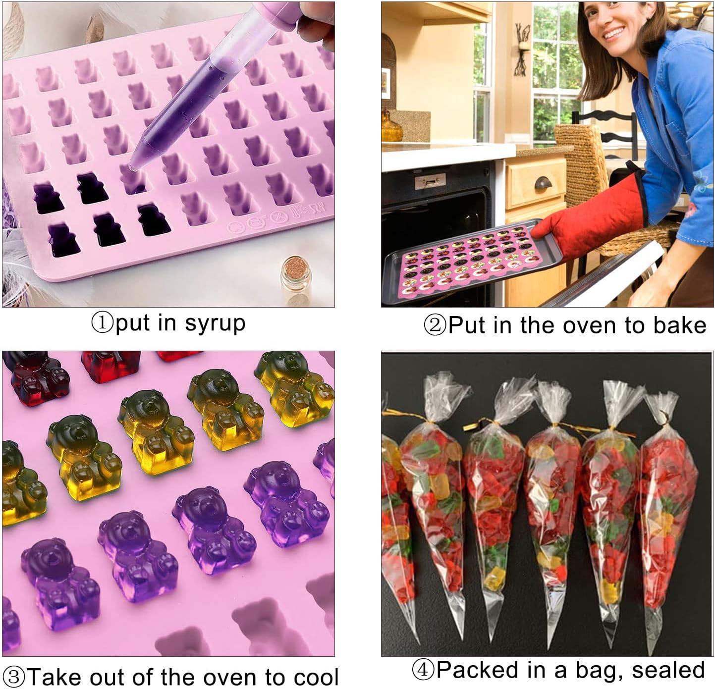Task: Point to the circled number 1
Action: (102, 323)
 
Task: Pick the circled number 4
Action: (424, 670)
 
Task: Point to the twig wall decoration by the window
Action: (522, 50)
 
